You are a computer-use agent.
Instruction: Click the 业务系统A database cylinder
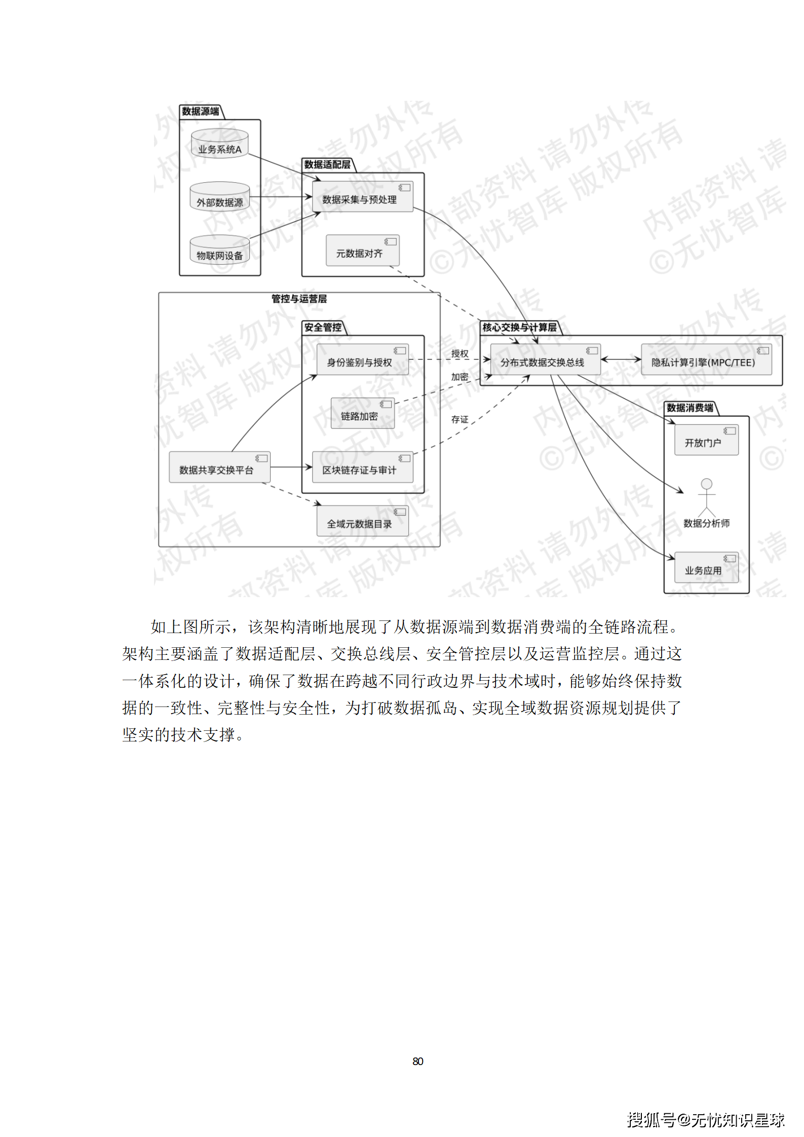(x=219, y=144)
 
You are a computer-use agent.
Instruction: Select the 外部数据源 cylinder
(x=219, y=197)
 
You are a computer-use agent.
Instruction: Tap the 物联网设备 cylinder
(x=219, y=250)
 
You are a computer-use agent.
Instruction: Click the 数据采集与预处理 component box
(x=362, y=197)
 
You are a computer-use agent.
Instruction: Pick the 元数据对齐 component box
(x=362, y=250)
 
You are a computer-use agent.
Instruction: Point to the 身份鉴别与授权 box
(x=362, y=360)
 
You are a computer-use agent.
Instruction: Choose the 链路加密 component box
(x=362, y=413)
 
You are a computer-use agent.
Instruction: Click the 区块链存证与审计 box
(x=362, y=467)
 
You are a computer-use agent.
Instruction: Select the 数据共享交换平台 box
(x=219, y=467)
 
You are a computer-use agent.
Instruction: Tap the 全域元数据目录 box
(x=362, y=521)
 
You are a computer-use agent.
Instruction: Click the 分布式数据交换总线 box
(x=545, y=360)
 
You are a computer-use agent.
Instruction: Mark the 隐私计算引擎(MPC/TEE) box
(x=706, y=360)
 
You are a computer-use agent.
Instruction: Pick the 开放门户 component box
(x=706, y=440)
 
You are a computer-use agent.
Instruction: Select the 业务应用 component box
(x=706, y=568)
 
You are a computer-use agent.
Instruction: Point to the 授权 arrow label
(x=460, y=354)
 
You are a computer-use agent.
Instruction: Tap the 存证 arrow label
(x=460, y=419)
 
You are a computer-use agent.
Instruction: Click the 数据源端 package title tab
(x=201, y=111)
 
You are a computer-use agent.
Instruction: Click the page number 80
(x=417, y=1061)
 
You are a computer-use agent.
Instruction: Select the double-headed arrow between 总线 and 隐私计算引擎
(x=621, y=360)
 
